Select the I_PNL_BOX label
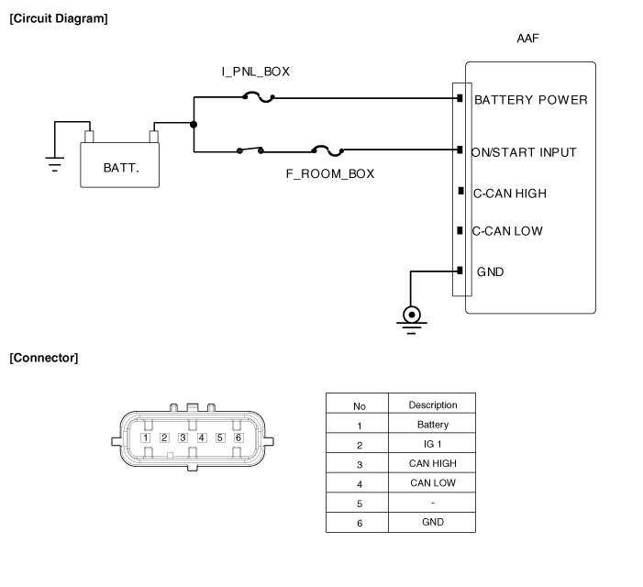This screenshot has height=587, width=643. click(x=255, y=71)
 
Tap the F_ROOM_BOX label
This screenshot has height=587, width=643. click(x=330, y=172)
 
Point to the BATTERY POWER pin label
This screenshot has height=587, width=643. click(x=530, y=100)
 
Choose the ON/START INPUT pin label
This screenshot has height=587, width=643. click(x=524, y=152)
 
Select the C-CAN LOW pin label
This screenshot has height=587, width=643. click(x=507, y=231)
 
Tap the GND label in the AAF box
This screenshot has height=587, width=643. click(x=490, y=271)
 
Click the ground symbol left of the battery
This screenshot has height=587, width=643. click(x=55, y=164)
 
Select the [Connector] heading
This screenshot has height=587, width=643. click(x=43, y=358)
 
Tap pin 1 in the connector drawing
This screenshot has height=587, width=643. click(x=146, y=437)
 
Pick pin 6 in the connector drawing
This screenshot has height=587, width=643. click(x=238, y=437)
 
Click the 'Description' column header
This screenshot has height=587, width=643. click(x=432, y=404)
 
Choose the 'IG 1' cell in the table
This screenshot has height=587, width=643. click(x=432, y=444)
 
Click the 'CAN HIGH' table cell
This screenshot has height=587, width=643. click(x=432, y=463)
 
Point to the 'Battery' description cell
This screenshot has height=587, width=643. click(x=432, y=425)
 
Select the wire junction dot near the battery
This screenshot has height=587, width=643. click(x=194, y=125)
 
